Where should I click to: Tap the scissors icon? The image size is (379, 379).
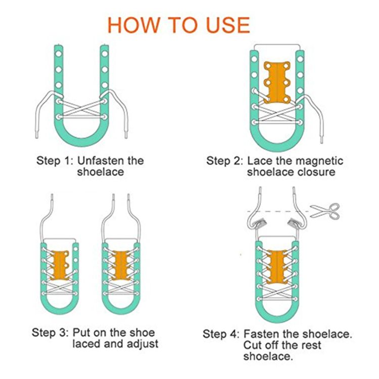coord(325,211)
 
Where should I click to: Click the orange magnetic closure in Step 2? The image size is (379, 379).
coord(277,82)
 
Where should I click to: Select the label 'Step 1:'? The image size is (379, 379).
coord(55,161)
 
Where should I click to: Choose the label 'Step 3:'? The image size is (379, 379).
coord(50,333)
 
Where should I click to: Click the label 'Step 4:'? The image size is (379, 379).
coord(221,334)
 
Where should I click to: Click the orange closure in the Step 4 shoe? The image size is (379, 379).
coord(277,267)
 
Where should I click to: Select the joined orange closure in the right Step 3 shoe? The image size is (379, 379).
coord(121,265)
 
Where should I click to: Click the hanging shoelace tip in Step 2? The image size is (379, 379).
coord(321,139)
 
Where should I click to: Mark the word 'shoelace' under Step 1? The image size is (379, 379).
coord(101,172)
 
